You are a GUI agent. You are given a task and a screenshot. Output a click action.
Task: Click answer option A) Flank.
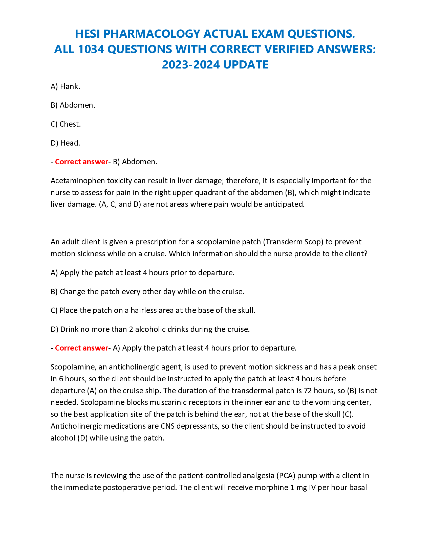coord(65,86)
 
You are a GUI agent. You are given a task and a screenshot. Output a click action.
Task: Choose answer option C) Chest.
coord(66,124)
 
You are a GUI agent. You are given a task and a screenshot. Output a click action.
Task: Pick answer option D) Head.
coord(65,143)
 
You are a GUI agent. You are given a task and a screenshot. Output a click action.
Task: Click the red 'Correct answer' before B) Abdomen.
coord(81,162)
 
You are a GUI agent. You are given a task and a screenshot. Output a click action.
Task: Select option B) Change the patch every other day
coord(147,291)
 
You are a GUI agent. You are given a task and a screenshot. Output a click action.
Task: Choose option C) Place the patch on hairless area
coord(153,310)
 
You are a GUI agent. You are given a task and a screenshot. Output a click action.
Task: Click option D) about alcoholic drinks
coord(150,329)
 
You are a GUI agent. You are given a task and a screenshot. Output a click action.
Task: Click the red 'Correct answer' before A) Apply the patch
coord(81,348)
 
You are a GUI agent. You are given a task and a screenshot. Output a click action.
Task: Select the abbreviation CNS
coord(167,426)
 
